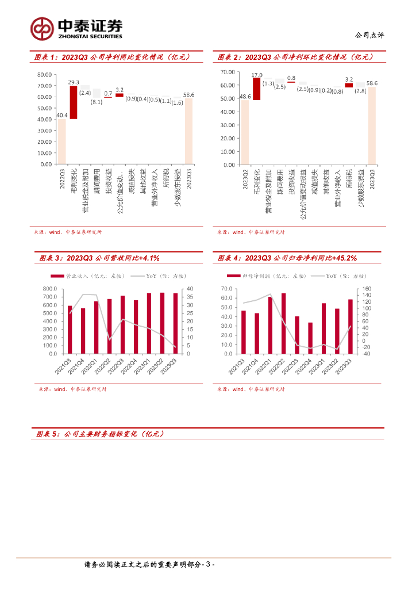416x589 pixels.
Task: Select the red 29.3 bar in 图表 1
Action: [x=74, y=102]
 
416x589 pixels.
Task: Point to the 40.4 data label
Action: [x=62, y=116]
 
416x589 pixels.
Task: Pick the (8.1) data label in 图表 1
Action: [x=97, y=102]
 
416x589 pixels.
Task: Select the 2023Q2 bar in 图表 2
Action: [x=245, y=132]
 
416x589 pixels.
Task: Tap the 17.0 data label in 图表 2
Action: [x=257, y=75]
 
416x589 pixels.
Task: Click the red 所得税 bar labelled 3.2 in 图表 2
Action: [x=349, y=85]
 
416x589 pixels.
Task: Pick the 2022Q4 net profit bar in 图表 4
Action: [x=310, y=339]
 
